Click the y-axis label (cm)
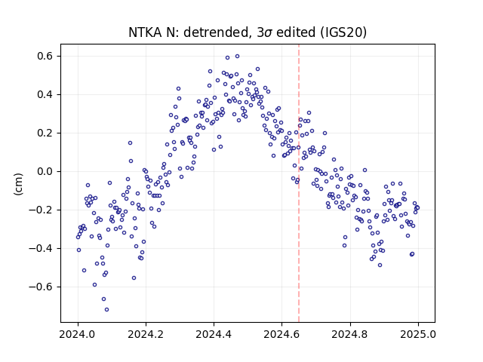point(18,183)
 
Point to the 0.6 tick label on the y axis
point(45,57)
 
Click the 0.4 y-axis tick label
point(45,94)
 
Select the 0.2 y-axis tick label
point(45,133)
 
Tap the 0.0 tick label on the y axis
point(45,171)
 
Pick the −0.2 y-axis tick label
point(42,210)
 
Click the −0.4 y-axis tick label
point(42,248)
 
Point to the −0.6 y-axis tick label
point(42,287)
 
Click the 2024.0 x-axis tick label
point(78,334)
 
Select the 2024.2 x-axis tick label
point(146,334)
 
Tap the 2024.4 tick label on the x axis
point(214,334)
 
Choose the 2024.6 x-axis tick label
point(281,334)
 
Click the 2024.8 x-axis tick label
point(350,334)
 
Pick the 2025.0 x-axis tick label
point(418,334)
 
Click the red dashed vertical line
point(299,183)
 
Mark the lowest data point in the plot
point(106,310)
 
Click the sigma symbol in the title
point(268,33)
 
